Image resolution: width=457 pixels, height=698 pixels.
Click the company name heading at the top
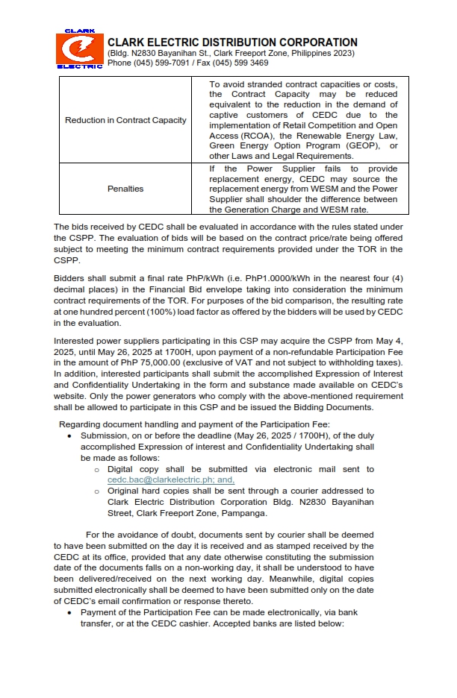[x=232, y=43]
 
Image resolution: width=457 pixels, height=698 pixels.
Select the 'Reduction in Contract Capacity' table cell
[x=125, y=120]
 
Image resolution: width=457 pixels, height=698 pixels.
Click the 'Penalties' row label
[x=125, y=189]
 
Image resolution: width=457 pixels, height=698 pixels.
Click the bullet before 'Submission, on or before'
[x=70, y=435]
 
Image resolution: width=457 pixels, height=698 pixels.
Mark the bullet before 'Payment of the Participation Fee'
[x=70, y=612]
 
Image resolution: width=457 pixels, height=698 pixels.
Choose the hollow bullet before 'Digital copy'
[x=96, y=470]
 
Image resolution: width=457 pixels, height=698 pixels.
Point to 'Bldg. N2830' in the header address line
[x=132, y=54]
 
